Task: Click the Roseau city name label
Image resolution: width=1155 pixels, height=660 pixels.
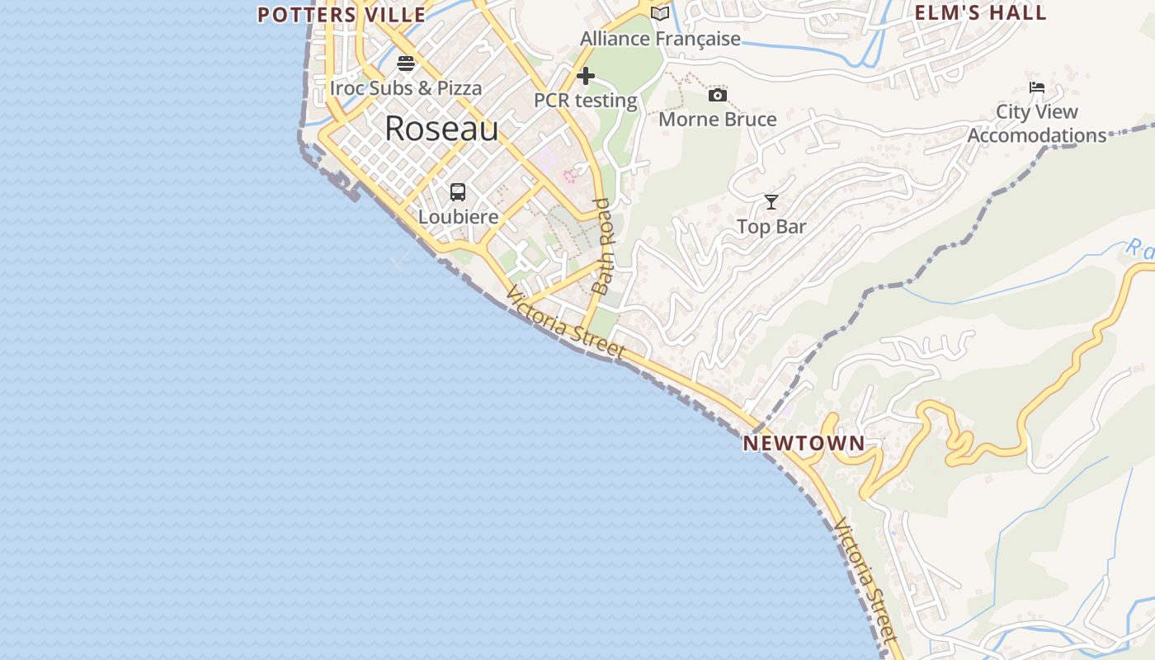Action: tap(441, 129)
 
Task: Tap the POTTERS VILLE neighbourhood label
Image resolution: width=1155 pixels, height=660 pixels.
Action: tap(342, 15)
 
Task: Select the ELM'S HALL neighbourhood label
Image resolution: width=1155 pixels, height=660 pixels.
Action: tap(981, 12)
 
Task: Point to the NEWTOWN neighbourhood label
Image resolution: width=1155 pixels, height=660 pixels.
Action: tap(804, 443)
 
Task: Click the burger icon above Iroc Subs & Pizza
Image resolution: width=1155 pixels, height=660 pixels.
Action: tap(406, 64)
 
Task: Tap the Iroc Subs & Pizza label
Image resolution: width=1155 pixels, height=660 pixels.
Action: tap(406, 87)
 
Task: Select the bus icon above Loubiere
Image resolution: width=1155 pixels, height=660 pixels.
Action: tap(458, 192)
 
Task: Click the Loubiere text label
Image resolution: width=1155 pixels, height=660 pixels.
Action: tap(458, 217)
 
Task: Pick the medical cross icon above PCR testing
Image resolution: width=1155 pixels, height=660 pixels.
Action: tap(586, 77)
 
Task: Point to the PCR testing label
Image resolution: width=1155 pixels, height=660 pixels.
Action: tap(586, 101)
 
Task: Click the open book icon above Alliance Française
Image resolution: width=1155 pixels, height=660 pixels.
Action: tap(660, 14)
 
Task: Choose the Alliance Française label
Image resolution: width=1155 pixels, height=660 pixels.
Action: tap(660, 39)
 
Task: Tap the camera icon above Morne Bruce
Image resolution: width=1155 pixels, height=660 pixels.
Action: tap(718, 95)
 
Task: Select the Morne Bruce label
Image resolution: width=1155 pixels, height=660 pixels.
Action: tap(718, 120)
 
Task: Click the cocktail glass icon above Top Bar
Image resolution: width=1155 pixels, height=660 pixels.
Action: tap(771, 202)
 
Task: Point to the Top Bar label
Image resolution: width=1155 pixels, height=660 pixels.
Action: tap(771, 226)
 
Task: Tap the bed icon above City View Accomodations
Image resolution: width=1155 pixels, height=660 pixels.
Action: tap(1037, 87)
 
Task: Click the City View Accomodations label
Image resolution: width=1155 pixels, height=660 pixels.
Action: tap(1037, 123)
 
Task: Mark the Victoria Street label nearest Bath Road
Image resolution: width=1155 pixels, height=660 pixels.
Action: tap(566, 323)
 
